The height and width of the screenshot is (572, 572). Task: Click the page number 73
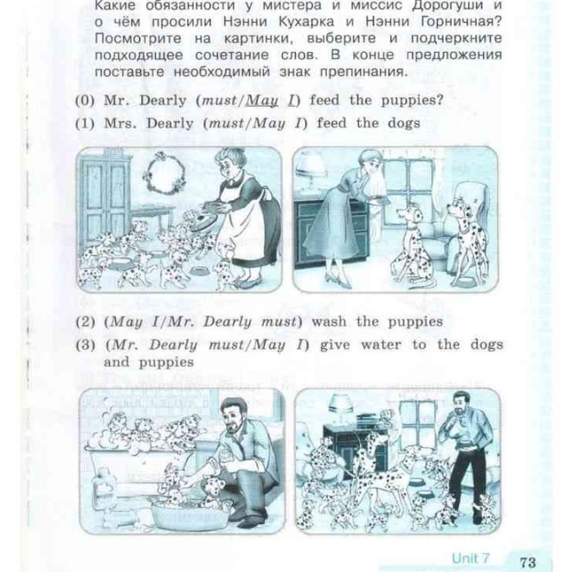pyautogui.click(x=528, y=561)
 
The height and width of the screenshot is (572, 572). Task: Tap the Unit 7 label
pyautogui.click(x=470, y=558)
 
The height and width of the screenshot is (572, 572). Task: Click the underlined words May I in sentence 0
pyautogui.click(x=271, y=101)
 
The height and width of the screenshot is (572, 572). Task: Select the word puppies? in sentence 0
pyautogui.click(x=412, y=101)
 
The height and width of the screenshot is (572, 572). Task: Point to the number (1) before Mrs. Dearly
pyautogui.click(x=85, y=124)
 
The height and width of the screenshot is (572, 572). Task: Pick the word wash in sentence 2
pyautogui.click(x=328, y=322)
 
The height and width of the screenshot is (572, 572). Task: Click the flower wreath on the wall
pyautogui.click(x=164, y=172)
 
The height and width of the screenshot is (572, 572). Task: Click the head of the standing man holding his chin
pyautogui.click(x=460, y=405)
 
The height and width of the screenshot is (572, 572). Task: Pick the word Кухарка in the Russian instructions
pyautogui.click(x=305, y=22)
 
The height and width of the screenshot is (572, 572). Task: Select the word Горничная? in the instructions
pyautogui.click(x=461, y=22)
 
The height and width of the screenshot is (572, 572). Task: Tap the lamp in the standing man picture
pyautogui.click(x=341, y=408)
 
